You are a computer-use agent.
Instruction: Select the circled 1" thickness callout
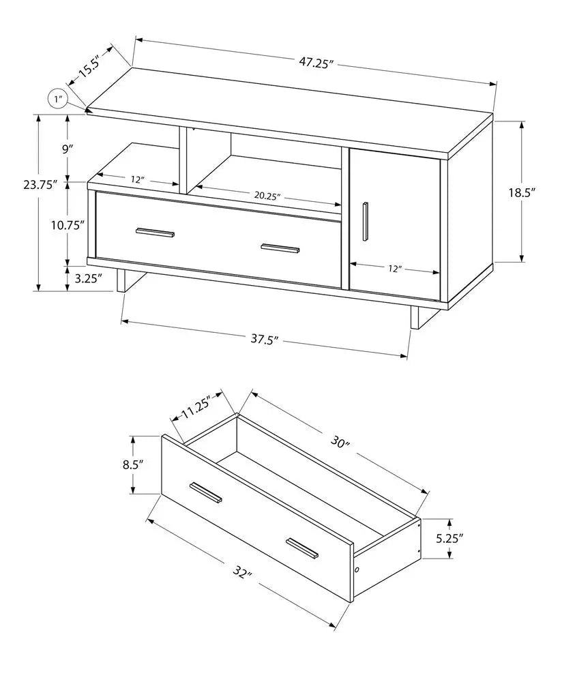coord(57,100)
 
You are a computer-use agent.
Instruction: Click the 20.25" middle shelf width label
coord(268,195)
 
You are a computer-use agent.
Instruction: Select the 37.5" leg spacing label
coord(266,339)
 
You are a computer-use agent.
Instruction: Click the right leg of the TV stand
coord(414,317)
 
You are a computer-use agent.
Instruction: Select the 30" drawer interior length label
coord(340,442)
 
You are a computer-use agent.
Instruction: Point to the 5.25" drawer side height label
coord(449,538)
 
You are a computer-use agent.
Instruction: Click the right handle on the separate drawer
coord(302,548)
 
